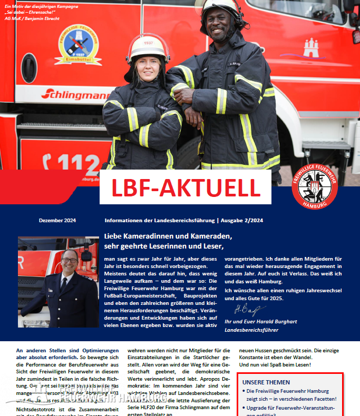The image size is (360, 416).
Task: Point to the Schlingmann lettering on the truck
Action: point(74,94)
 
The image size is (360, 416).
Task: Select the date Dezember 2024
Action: point(57,220)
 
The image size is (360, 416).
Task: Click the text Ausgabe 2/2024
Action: point(244,220)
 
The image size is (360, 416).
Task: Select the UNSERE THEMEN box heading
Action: point(267,382)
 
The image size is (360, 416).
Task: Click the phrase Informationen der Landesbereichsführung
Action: point(159,220)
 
